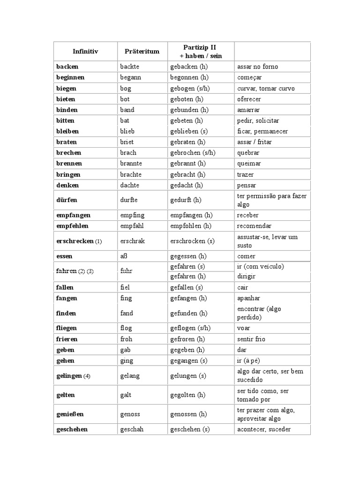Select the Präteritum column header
tap(142, 51)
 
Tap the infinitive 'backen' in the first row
tap(67, 67)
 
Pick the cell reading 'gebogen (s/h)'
tap(190, 88)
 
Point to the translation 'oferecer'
tap(249, 99)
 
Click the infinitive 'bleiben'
tap(67, 131)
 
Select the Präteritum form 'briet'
tap(127, 142)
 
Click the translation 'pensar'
tap(247, 185)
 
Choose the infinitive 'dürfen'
tap(66, 200)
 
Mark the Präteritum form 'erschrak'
tap(133, 241)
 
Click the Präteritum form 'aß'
tap(124, 256)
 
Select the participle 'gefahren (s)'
tap(187, 266)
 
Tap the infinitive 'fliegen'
tap(67, 328)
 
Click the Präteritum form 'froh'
tap(126, 339)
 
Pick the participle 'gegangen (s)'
tap(189, 360)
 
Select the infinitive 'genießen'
tap(70, 414)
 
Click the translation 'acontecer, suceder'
tap(264, 429)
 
